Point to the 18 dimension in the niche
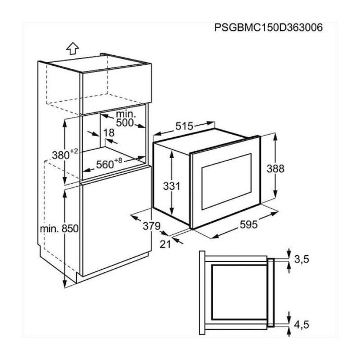[109, 133]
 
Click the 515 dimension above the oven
[184, 126]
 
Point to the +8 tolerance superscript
[118, 159]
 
